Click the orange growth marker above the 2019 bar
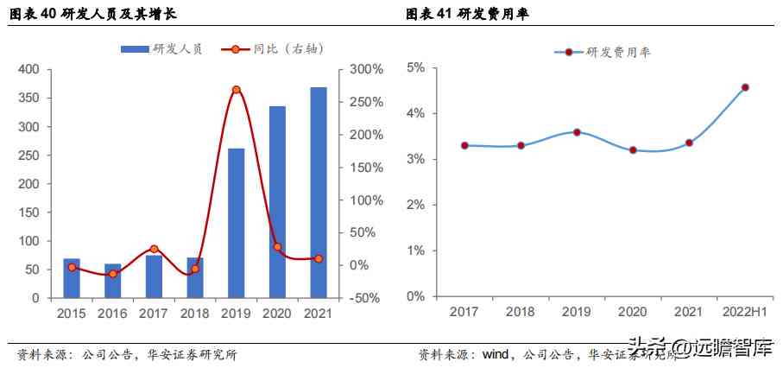(x=236, y=90)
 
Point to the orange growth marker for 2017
(x=154, y=249)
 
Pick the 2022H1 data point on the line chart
(x=745, y=87)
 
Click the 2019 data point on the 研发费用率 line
(x=577, y=132)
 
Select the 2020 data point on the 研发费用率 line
(x=633, y=150)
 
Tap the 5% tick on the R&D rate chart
(x=416, y=67)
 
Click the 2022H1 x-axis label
(x=744, y=312)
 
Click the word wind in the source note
(x=495, y=354)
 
